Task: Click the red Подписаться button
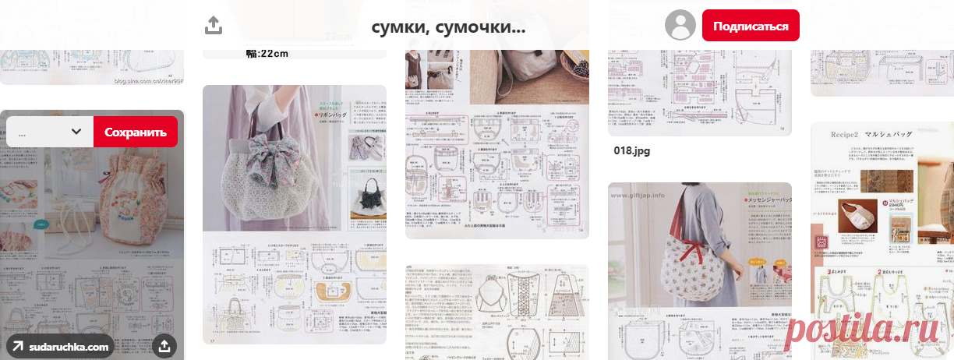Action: (751, 26)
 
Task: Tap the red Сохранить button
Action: (136, 132)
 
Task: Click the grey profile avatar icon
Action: (680, 26)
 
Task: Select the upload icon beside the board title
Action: (214, 26)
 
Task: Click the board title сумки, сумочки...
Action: (448, 27)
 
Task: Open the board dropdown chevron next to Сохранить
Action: (76, 132)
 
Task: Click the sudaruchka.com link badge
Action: (60, 347)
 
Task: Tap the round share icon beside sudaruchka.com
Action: (164, 346)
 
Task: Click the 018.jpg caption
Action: (632, 150)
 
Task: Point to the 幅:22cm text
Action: (267, 54)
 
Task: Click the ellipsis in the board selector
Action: (22, 132)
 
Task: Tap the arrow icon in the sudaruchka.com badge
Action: (17, 347)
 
